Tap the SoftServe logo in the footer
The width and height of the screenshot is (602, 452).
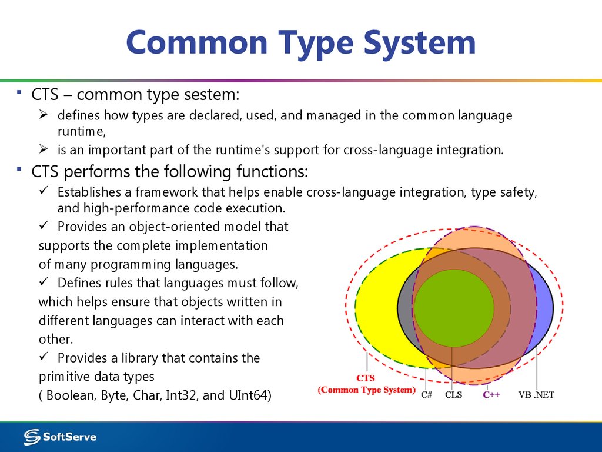coord(60,437)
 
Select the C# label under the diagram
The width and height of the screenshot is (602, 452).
coord(427,395)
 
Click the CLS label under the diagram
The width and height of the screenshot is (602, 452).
coord(453,395)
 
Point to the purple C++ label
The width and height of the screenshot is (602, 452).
coord(491,395)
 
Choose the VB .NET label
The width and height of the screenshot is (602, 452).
coord(536,395)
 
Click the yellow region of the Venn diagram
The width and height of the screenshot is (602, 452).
coord(376,306)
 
